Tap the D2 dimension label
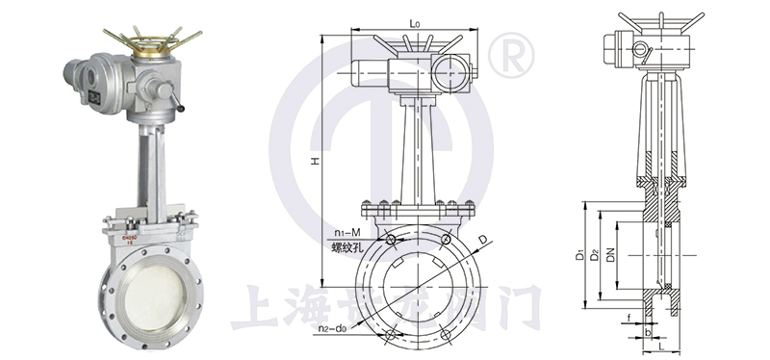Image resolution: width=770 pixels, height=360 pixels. point(595,255)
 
